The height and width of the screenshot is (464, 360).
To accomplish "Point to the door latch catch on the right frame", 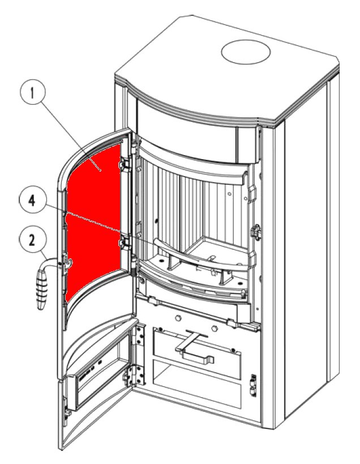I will click(x=256, y=231).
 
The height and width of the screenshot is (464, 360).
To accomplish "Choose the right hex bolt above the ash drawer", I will click(x=216, y=329).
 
